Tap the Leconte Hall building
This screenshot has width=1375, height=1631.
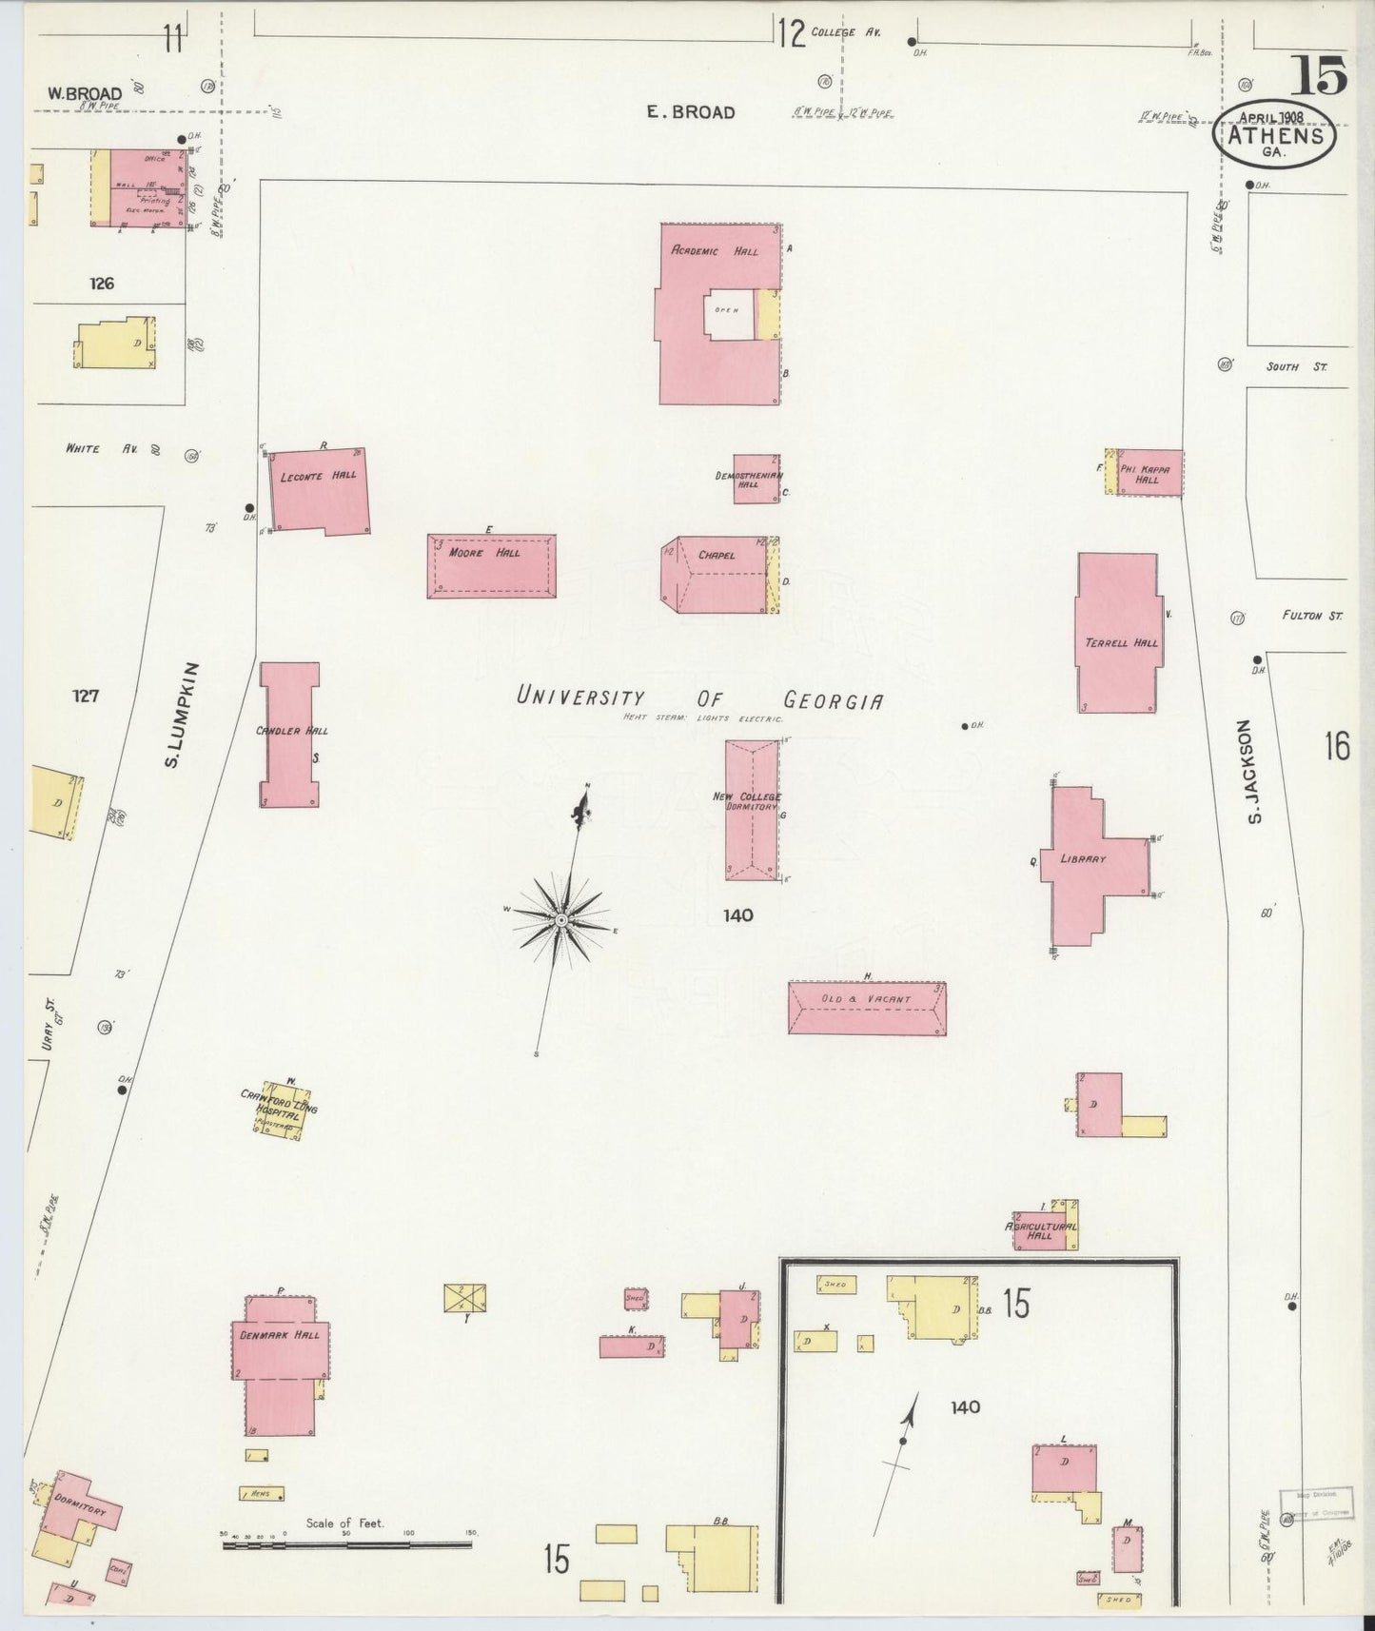pos(320,490)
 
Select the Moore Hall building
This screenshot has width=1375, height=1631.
pos(491,565)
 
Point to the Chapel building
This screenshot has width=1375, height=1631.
pos(716,575)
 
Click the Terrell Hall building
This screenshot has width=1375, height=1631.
pos(1117,633)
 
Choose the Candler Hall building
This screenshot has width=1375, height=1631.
pos(289,735)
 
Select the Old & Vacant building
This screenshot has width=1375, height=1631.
pos(866,1008)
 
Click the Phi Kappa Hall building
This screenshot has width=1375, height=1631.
pos(1149,473)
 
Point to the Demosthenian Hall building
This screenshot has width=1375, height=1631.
pos(756,479)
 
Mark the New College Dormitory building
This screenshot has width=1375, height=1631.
pos(752,811)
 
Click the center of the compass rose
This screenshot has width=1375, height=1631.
pos(561,920)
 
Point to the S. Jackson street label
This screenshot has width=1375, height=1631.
pos(1254,772)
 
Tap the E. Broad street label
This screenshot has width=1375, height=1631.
pos(691,112)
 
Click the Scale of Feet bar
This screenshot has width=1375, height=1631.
pos(347,1544)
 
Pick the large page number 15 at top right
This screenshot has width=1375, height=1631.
pos(1319,75)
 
